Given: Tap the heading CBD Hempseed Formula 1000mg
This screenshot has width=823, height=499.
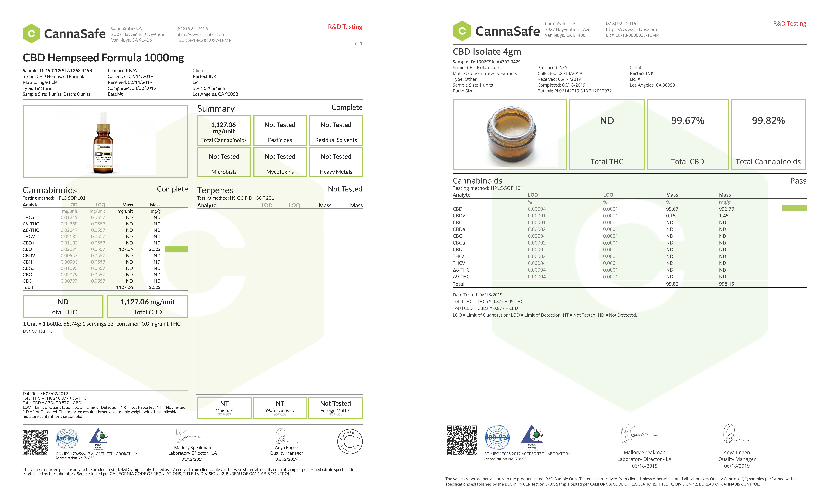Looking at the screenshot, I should [103, 58].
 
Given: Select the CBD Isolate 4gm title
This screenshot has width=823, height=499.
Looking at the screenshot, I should [487, 52].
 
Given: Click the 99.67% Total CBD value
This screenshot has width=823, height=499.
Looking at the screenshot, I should [687, 121].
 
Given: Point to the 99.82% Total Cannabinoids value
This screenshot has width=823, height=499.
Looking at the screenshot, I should [768, 121].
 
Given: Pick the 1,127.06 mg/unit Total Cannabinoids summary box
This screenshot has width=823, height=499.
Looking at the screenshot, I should [224, 130].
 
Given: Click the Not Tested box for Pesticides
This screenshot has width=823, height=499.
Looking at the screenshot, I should [280, 130].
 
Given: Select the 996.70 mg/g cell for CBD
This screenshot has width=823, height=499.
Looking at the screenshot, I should [726, 209].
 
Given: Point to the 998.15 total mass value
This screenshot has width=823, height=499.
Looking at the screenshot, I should [726, 284].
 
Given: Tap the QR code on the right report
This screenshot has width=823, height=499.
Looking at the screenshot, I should [462, 440].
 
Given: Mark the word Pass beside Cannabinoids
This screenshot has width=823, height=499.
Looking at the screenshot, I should [798, 181].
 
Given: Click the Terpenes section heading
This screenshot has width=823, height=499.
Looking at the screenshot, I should [215, 190].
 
